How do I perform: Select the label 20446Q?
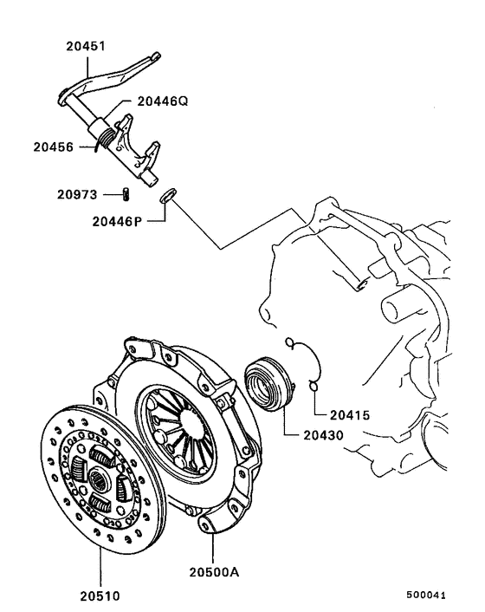pyautogui.click(x=160, y=101)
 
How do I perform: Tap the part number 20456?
pyautogui.click(x=54, y=146)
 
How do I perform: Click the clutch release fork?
pyautogui.click(x=139, y=152)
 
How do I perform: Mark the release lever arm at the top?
pyautogui.click(x=113, y=75)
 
